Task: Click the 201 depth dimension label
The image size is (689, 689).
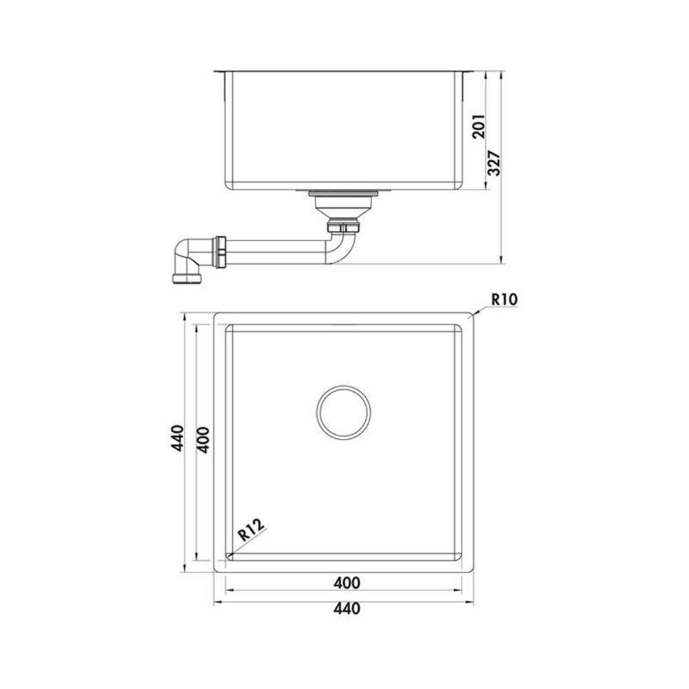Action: pos(479,127)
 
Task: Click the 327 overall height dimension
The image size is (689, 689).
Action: pos(495,163)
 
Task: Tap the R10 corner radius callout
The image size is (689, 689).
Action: pos(504,300)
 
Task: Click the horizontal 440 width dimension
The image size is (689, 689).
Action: pos(347,608)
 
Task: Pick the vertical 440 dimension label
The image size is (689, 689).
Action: pos(178,438)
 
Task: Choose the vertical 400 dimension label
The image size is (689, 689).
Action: pos(203,440)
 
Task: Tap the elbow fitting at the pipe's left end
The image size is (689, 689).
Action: pos(187,260)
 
